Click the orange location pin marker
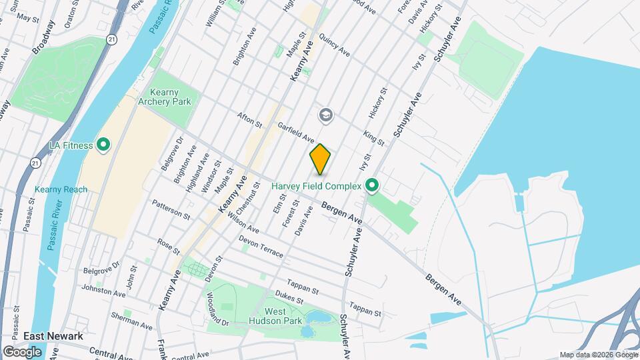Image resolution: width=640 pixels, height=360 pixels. coord(320,159)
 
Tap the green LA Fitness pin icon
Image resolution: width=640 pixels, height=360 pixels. coord(103,145)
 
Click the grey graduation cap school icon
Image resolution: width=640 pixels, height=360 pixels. coord(326,115)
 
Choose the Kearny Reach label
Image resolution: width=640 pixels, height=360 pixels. coord(61,189)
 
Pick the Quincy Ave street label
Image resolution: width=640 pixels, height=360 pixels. coord(335,45)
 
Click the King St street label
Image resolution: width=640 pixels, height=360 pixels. coord(374,138)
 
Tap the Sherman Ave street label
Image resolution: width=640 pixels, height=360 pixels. coord(131,321)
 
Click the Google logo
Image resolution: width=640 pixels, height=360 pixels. coord(22,351)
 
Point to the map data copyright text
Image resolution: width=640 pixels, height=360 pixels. coord(597,355)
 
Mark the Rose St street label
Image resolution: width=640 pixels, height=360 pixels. coord(168,245)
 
